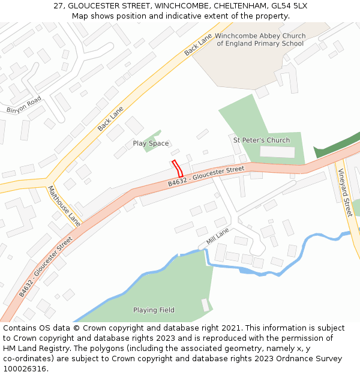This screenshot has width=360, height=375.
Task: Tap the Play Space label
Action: click(x=151, y=143)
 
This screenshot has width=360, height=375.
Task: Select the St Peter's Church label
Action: click(x=261, y=140)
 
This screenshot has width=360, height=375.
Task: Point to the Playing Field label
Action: click(x=154, y=310)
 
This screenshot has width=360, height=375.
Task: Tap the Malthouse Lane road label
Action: click(x=64, y=205)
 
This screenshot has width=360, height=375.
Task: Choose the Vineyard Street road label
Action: click(x=345, y=192)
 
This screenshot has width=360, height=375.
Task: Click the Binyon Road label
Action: click(x=24, y=104)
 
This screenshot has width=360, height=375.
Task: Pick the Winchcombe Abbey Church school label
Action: click(x=260, y=40)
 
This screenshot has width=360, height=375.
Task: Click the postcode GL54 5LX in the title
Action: click(x=287, y=5)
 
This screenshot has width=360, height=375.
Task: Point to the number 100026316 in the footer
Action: click(x=24, y=369)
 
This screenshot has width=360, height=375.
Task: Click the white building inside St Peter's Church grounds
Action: click(x=277, y=152)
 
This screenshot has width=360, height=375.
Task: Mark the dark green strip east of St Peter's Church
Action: click(x=336, y=144)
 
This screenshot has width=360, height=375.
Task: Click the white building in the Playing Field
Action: click(x=206, y=305)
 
